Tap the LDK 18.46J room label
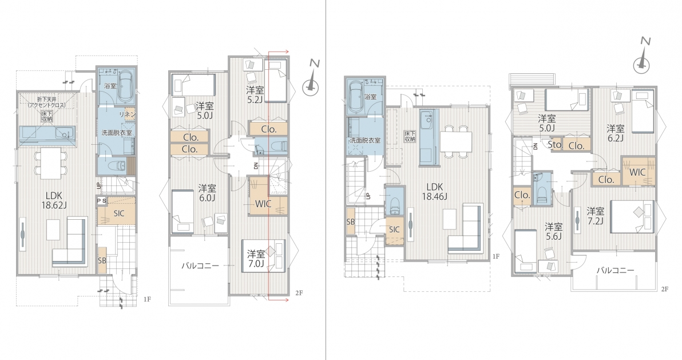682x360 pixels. pyautogui.click(x=434, y=191)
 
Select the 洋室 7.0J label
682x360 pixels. pyautogui.click(x=257, y=258)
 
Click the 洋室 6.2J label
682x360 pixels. pyautogui.click(x=616, y=133)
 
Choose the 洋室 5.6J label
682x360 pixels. pyautogui.click(x=554, y=232)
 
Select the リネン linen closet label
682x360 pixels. pyautogui.click(x=130, y=114)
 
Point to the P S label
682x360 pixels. pyautogui.click(x=102, y=201)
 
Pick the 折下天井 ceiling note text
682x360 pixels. pyautogui.click(x=46, y=100)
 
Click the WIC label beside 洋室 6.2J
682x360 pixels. pyautogui.click(x=638, y=172)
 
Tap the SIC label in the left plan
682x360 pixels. pyautogui.click(x=119, y=213)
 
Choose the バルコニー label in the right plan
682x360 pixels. pyautogui.click(x=615, y=270)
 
